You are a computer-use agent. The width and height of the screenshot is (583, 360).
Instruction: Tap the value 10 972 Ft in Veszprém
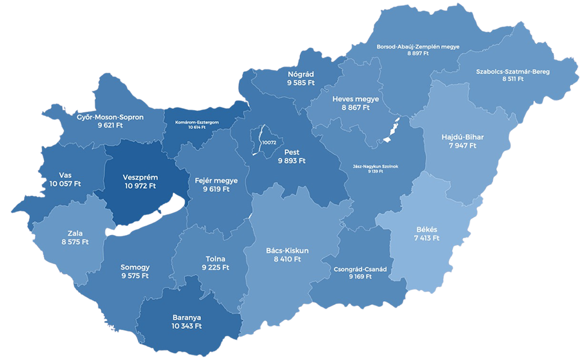coord(140,186)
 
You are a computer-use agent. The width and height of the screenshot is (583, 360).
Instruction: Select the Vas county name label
coord(65,175)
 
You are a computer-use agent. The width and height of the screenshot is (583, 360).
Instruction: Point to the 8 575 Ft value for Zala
coord(75,242)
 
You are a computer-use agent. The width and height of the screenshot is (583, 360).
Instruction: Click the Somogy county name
coord(135,267)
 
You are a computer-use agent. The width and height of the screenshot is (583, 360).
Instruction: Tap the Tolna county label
coord(215,259)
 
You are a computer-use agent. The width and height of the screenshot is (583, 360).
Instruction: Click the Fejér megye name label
coord(216,181)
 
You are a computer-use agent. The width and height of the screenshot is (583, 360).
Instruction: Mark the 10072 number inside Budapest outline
coord(269,142)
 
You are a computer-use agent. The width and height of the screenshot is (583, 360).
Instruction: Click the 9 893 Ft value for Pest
coord(291,161)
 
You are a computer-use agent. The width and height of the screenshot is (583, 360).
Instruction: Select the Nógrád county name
coord(301,74)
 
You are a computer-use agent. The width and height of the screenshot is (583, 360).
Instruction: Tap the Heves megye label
coord(356,99)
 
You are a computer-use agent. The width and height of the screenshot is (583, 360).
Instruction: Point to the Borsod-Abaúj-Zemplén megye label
coord(418,47)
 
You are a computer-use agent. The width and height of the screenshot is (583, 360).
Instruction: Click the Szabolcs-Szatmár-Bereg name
coord(512,72)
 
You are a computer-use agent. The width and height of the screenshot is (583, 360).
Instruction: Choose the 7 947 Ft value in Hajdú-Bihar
coord(462,146)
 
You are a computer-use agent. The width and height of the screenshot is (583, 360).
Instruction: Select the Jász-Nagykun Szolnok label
coord(376,166)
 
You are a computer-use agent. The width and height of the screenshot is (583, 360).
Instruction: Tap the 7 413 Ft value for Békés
coord(427,238)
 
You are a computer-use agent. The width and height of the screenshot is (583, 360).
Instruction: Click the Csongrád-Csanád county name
coord(360,269)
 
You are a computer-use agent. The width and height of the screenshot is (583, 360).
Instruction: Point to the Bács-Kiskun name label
coord(287,251)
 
